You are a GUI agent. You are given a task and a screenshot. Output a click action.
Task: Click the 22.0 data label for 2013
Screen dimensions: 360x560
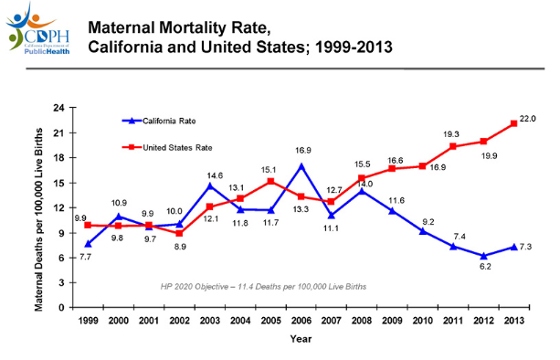coord(527,118)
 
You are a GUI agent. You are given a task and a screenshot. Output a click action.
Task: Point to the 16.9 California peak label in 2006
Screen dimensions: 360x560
coord(302,150)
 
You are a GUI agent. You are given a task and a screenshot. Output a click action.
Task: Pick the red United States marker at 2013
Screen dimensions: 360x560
coord(514,124)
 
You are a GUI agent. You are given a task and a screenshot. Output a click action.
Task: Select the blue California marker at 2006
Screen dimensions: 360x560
coord(301,166)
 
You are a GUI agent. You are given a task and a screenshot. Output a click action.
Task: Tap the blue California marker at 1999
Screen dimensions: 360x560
coord(88,243)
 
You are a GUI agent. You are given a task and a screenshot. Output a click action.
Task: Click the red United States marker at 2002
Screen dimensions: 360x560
coord(179,233)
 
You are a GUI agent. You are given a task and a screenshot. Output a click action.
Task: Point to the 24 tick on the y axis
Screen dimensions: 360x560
coord(58,108)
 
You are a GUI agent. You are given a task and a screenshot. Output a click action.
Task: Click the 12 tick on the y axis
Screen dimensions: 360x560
coord(58,207)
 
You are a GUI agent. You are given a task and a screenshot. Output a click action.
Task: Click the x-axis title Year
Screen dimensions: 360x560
coord(301,340)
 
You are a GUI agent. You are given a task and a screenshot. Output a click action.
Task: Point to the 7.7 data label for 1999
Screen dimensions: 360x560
coord(86,259)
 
